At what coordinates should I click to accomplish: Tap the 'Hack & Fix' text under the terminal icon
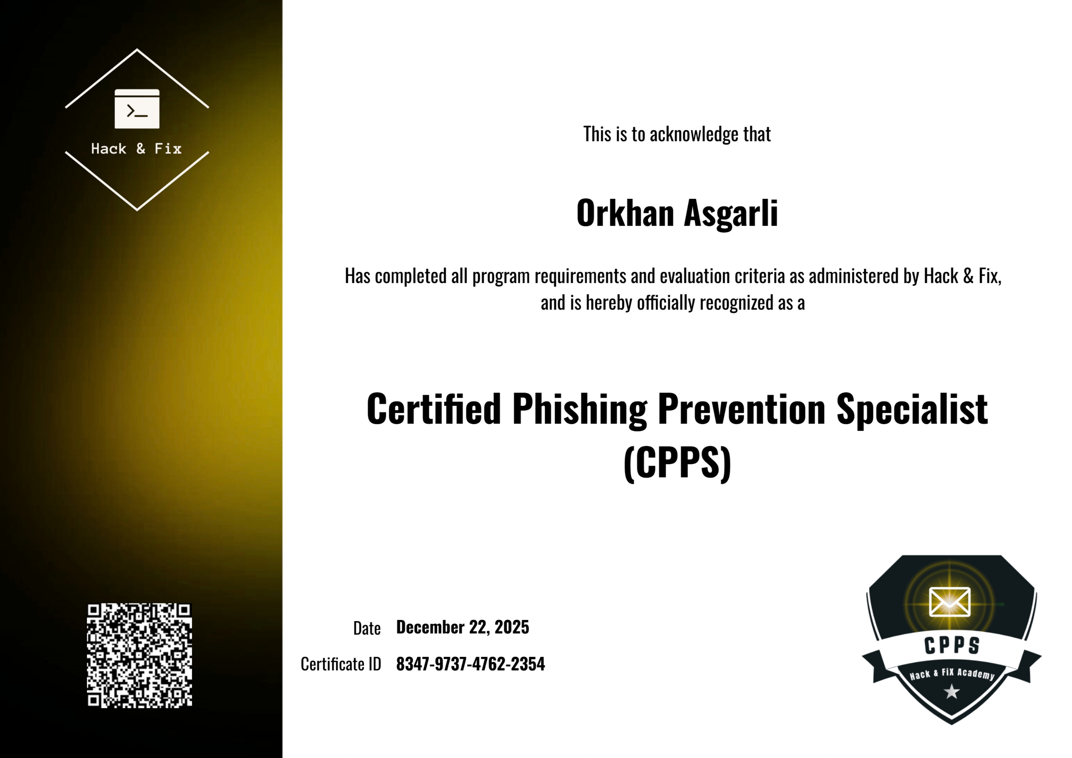[136, 149]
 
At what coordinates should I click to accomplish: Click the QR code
[139, 655]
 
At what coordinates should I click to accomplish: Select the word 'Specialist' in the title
[912, 409]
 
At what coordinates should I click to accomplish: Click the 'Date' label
[367, 628]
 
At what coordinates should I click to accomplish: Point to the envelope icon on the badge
[950, 602]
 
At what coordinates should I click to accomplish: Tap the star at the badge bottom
[951, 691]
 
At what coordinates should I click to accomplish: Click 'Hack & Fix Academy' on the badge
[952, 674]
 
